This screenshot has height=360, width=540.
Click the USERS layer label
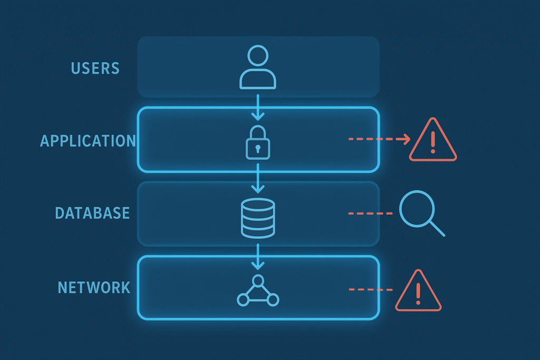(x=95, y=68)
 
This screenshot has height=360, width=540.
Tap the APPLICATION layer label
(x=88, y=141)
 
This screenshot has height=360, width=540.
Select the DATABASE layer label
(x=92, y=213)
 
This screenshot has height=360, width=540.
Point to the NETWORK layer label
(x=94, y=287)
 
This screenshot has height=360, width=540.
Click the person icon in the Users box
(x=258, y=67)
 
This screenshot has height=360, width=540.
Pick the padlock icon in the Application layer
(x=258, y=142)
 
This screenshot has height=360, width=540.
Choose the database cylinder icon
(x=258, y=217)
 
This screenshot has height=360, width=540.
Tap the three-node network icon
(x=258, y=291)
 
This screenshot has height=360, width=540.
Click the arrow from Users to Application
(x=258, y=108)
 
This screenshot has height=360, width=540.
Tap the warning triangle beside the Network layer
(x=418, y=291)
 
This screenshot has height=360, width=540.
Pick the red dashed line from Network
(x=371, y=289)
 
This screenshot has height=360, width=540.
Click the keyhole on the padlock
(x=258, y=149)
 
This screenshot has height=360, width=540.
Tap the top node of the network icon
(x=258, y=280)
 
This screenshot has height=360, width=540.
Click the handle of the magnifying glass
(x=437, y=228)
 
